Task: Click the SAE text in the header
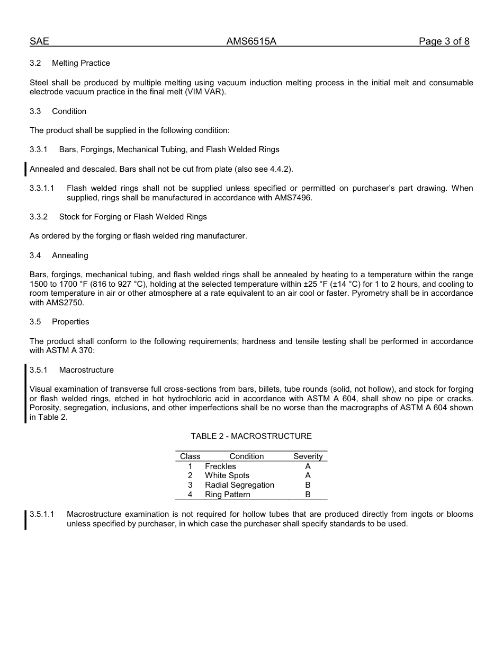39,41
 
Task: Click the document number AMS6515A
251,41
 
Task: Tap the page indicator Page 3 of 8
444,41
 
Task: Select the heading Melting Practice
81,63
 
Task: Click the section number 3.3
35,111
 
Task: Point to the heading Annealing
70,255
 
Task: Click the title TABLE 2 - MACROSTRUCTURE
251,436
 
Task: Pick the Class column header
190,456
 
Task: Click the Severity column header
308,456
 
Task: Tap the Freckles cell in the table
220,466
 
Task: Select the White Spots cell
227,475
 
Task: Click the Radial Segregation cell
239,485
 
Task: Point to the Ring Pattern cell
228,495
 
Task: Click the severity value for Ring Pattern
308,495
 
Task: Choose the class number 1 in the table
190,466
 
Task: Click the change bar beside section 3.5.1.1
25,519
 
